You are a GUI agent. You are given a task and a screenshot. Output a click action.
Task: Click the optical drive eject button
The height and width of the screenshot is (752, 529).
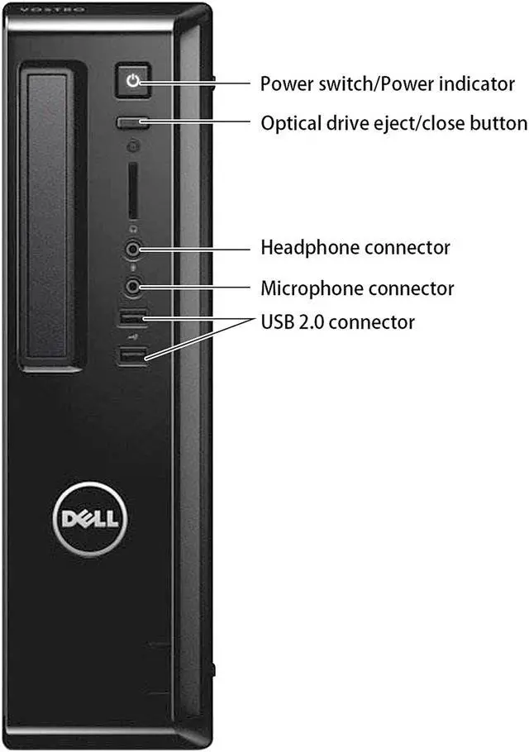(131, 123)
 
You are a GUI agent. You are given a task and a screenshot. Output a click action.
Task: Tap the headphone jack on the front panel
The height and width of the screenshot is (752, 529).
(133, 247)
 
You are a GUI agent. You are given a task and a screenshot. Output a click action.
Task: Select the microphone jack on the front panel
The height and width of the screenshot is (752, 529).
(133, 286)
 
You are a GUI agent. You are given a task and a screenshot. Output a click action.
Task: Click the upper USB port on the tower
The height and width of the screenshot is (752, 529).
(132, 316)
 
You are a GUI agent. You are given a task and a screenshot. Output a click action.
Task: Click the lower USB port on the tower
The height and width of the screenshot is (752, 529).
(132, 355)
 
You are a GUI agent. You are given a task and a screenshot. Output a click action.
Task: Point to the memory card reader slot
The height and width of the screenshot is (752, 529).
(132, 191)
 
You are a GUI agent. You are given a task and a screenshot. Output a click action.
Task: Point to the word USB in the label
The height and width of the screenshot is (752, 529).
(277, 321)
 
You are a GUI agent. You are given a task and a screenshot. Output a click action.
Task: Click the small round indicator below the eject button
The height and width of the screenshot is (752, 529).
(132, 147)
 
